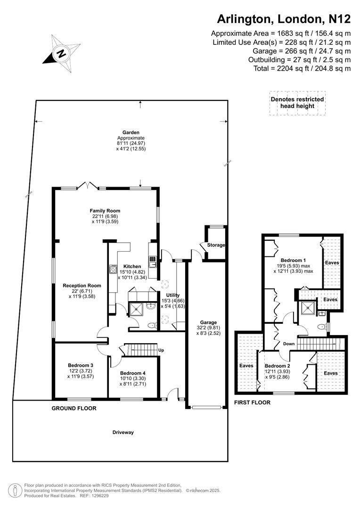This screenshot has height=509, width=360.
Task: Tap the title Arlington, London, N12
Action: pos(283,19)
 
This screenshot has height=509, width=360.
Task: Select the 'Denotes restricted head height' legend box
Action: pos(297,103)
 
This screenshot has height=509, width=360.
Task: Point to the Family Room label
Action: pos(105,211)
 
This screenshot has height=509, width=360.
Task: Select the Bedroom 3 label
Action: pos(81,365)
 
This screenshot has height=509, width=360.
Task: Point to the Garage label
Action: pos(208,322)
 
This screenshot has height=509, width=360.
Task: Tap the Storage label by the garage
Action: pos(216,245)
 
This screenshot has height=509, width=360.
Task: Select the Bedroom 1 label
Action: pos(294,260)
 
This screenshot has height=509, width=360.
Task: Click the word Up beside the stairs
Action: pos(161,350)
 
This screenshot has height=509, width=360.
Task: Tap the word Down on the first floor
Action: pos(288,344)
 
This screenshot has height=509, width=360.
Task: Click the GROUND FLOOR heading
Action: pos(74,408)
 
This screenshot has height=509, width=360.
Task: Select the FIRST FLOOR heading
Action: pos(252,402)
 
